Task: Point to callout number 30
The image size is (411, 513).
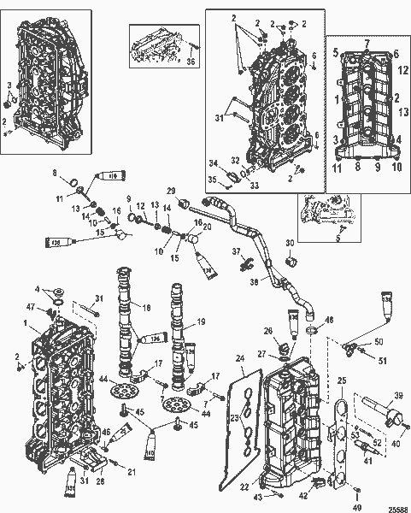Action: pos(288,244)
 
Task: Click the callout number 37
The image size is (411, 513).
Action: pos(238,250)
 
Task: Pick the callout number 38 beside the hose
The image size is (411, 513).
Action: pos(254,281)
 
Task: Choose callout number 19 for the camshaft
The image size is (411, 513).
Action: pos(202,322)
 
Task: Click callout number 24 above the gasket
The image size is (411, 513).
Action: pos(240,360)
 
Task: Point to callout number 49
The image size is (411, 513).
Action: pos(357,504)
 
